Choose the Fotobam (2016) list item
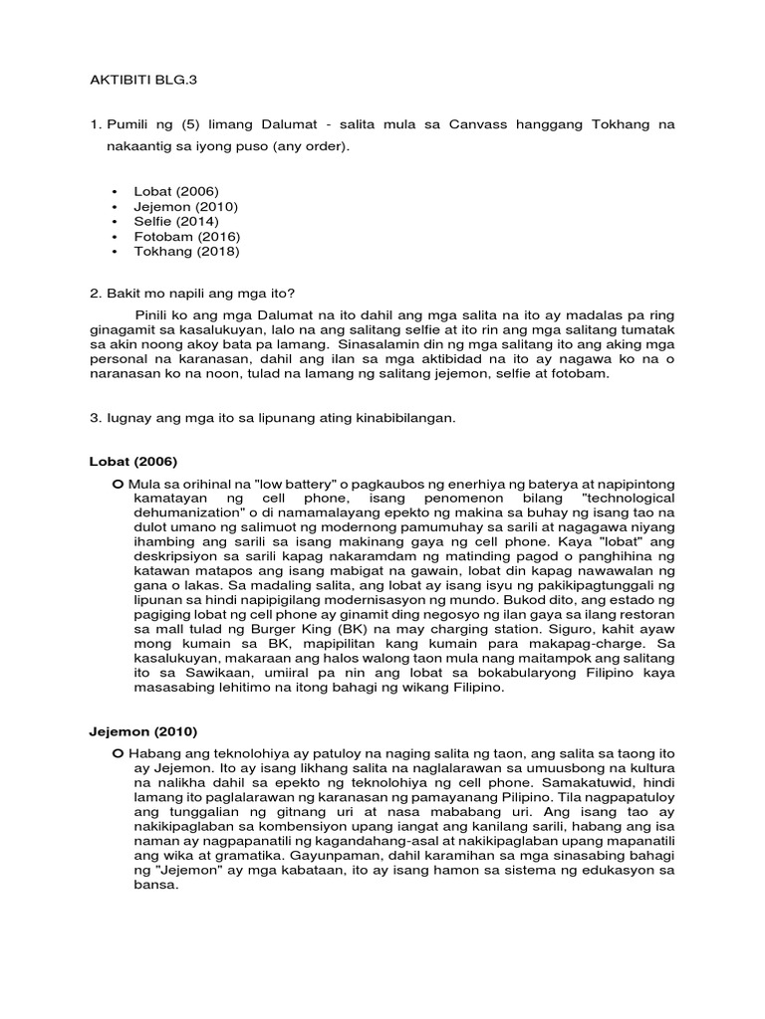tap(186, 237)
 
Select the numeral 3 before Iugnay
tap(93, 419)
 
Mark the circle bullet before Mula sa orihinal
tap(118, 483)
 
